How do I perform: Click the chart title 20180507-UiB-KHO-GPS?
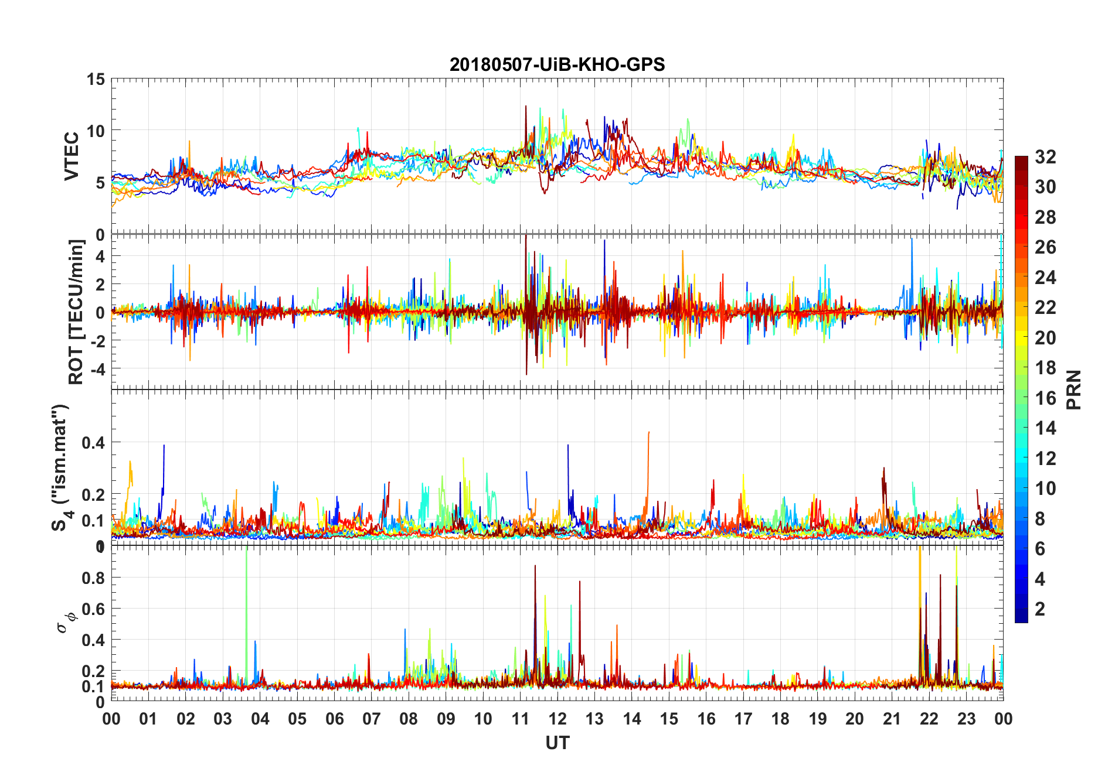[557, 64]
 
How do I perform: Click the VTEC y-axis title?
[72, 156]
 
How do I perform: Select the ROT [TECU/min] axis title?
[76, 312]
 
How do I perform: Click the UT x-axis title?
[557, 743]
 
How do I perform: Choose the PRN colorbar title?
[1073, 389]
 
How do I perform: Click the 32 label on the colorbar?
[1045, 156]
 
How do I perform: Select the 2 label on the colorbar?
[1040, 609]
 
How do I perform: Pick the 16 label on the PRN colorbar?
[1045, 398]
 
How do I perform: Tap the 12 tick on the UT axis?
[557, 719]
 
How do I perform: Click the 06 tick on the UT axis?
[334, 719]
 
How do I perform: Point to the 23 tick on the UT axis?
[966, 719]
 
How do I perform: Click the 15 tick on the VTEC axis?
[96, 79]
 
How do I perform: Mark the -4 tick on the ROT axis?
[97, 369]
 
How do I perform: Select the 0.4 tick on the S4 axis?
[93, 443]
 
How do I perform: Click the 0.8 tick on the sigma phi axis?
[93, 578]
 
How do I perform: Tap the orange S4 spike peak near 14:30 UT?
[648, 433]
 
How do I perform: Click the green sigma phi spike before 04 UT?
[246, 551]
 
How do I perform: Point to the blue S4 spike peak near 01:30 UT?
[164, 446]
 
